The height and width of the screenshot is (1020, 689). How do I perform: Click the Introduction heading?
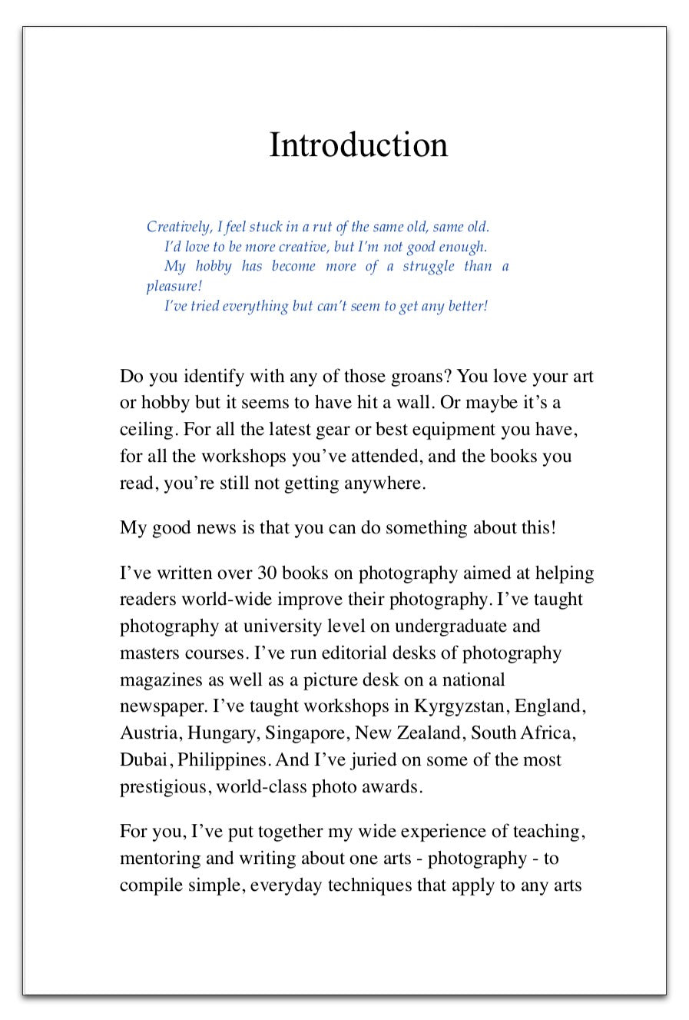(x=358, y=145)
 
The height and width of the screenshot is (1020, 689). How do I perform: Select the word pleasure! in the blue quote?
(x=174, y=287)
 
